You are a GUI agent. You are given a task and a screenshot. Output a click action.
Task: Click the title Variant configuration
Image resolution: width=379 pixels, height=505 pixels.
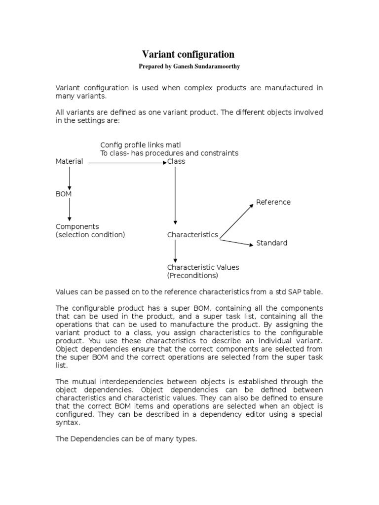189,54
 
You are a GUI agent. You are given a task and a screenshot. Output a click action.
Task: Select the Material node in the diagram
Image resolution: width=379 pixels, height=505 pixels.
69,161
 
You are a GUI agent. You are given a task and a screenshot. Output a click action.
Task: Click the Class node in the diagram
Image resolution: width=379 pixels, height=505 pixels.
176,161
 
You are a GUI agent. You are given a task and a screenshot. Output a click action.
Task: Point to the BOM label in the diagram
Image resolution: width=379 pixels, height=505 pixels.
64,194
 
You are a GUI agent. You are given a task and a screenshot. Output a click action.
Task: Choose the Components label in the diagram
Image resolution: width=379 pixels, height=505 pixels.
77,226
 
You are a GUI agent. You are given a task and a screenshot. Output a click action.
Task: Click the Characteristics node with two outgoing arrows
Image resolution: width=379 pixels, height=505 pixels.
192,235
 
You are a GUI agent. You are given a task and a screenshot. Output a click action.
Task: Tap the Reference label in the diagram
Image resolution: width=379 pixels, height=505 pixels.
273,202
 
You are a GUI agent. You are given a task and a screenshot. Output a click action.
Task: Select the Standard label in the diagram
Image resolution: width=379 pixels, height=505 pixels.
271,243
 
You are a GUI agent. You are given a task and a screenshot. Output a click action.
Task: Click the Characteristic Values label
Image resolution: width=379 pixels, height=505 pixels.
203,267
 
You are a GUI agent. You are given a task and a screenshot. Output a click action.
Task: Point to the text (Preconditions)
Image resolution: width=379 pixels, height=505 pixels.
192,276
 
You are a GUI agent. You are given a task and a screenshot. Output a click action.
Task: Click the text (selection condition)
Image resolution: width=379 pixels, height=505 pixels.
90,235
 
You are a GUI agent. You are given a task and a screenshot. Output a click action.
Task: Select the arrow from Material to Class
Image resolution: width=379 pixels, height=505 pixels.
127,162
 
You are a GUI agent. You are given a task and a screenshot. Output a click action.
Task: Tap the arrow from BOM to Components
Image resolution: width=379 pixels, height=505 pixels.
70,210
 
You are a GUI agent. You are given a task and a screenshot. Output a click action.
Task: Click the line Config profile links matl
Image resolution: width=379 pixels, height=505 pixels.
141,144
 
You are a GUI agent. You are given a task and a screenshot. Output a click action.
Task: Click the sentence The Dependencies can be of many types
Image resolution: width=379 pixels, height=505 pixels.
126,438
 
